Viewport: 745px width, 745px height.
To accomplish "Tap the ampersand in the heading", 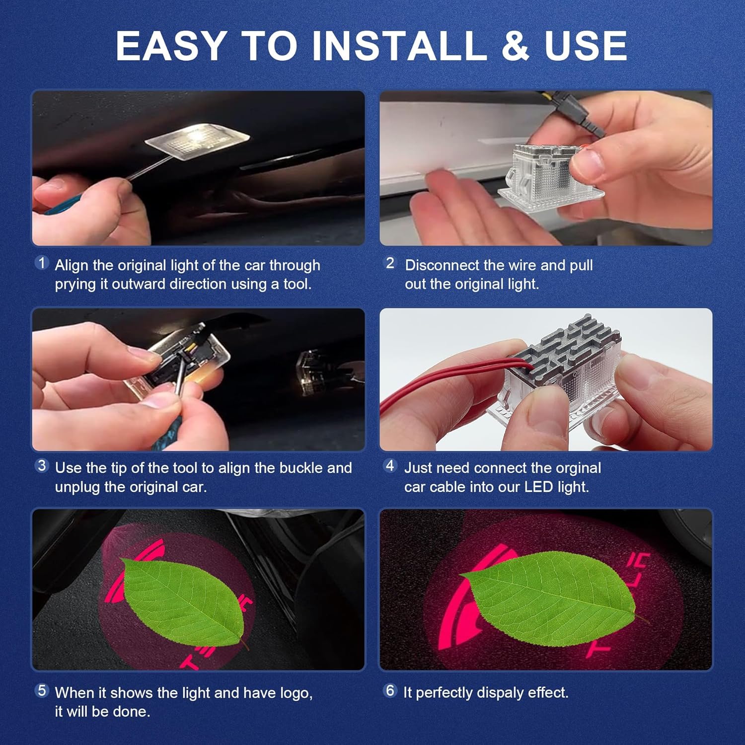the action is tap(516, 46).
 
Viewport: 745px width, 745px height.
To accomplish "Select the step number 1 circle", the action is tap(42, 263).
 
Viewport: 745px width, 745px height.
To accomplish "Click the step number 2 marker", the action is tap(390, 263).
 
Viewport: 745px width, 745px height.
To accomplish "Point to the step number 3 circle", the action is tap(42, 466).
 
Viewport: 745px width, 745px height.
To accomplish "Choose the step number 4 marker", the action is tap(390, 466).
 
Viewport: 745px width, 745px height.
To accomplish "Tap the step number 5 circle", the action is tap(42, 690).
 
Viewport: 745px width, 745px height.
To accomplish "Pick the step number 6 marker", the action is tap(390, 690).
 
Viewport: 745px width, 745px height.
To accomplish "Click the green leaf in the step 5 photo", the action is tap(184, 601).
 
